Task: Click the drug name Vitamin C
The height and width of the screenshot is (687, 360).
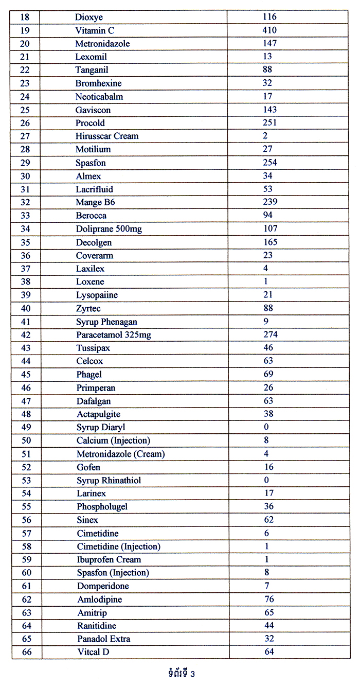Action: (95, 30)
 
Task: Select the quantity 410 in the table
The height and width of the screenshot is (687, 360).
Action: (269, 30)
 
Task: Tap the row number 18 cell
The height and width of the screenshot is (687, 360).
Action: (25, 17)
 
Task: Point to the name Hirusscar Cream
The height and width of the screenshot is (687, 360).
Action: (107, 136)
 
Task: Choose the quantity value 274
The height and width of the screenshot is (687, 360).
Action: (270, 334)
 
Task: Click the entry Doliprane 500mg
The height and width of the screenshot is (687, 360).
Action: (109, 228)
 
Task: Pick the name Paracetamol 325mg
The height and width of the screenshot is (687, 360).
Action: (114, 335)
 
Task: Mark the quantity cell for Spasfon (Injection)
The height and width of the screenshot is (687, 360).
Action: (266, 572)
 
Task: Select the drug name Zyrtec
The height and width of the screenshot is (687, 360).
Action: (88, 308)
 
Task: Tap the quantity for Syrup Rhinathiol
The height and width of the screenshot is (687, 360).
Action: (266, 480)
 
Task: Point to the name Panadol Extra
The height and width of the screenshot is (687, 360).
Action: (103, 639)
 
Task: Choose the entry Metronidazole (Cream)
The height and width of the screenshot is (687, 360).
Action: (120, 454)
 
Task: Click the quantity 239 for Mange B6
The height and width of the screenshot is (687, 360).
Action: (270, 202)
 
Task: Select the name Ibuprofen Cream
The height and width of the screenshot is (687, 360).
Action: (109, 559)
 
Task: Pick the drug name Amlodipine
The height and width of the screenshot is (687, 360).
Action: (99, 599)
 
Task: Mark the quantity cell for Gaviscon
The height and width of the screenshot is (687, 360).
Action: (269, 110)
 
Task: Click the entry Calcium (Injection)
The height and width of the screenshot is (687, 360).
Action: (113, 441)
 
